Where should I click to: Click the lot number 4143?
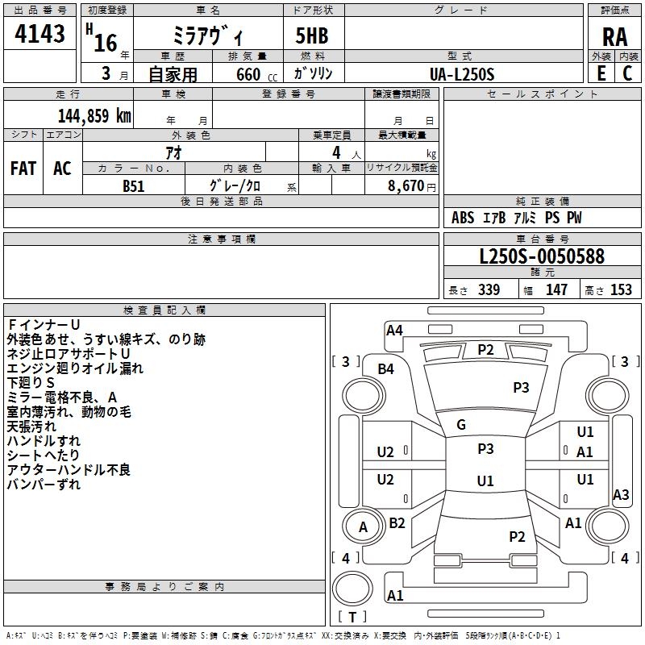(40, 34)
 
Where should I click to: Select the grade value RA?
(614, 37)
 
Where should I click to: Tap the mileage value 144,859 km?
(94, 116)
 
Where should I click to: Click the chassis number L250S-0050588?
(542, 256)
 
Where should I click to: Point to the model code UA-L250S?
(461, 74)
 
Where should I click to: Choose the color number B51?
(134, 186)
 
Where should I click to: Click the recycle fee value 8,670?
(406, 186)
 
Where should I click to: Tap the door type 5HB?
(312, 35)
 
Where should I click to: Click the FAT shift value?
(23, 169)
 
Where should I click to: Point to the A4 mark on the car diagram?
(394, 331)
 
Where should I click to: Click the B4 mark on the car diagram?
(386, 369)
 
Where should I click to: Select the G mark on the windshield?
(461, 425)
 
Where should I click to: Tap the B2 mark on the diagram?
(397, 523)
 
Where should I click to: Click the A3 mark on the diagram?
(621, 494)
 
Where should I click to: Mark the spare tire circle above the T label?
(352, 589)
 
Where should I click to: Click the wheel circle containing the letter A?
(364, 526)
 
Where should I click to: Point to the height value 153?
(621, 289)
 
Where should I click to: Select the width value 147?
(556, 289)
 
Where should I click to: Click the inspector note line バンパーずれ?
(44, 485)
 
